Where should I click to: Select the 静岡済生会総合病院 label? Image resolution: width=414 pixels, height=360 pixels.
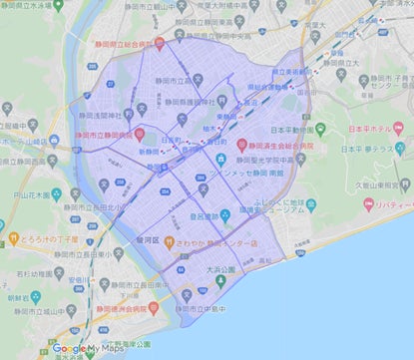(x=286, y=143)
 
